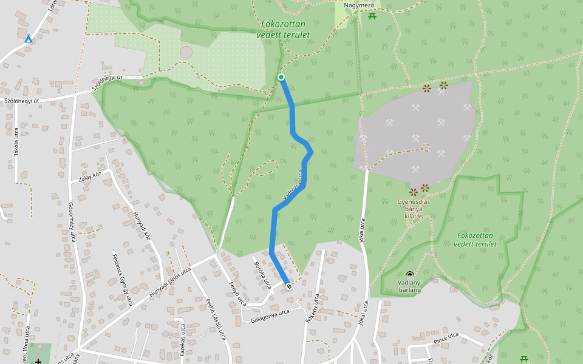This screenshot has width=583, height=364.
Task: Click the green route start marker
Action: pos(281,77)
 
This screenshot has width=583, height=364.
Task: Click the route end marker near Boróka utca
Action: pos(288,286)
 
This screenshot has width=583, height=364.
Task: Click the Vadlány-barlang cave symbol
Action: pos(410,275)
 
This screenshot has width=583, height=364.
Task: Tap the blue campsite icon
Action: pos(29,39)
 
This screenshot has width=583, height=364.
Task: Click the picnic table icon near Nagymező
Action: pos(372,16)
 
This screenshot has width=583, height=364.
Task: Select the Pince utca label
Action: pos(446,339)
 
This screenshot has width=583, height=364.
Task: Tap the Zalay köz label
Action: pos(90,177)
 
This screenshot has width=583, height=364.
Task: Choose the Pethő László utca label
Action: pos(215,318)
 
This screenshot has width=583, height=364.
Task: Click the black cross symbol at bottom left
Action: pos(38,362)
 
